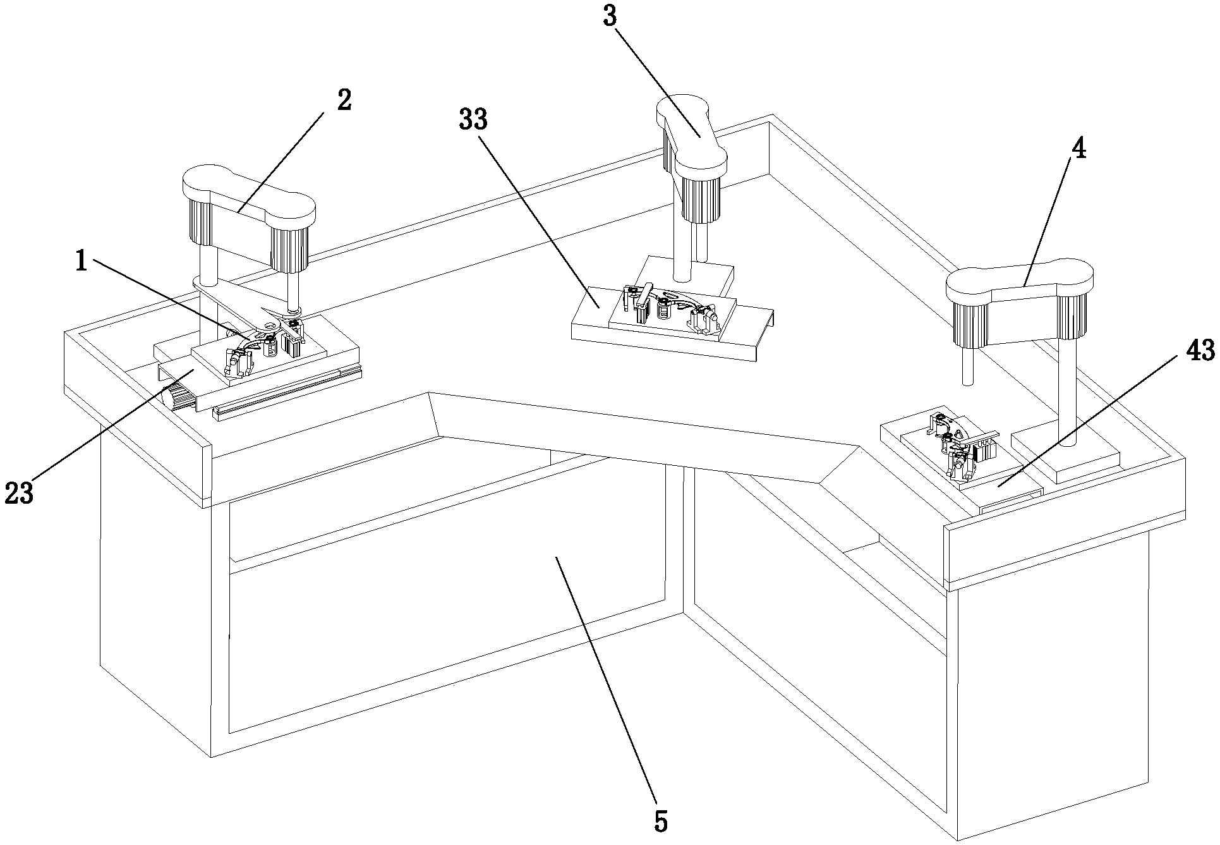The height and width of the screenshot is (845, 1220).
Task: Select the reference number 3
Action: (609, 17)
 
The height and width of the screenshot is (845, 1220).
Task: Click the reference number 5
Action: (660, 821)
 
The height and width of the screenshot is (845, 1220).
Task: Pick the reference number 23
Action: (18, 492)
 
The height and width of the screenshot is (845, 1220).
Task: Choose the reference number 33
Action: (474, 118)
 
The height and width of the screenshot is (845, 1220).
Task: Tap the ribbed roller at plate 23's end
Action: (179, 398)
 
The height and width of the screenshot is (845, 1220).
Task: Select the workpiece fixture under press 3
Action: (670, 310)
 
